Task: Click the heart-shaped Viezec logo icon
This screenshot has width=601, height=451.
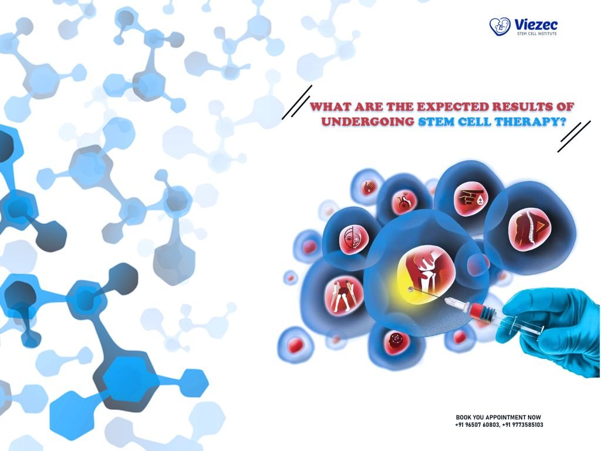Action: [x=500, y=26]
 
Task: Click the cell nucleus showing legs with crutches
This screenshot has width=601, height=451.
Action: [x=343, y=295]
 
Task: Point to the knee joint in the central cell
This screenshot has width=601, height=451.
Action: [x=427, y=272]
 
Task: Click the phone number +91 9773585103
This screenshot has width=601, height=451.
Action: [x=522, y=425]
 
